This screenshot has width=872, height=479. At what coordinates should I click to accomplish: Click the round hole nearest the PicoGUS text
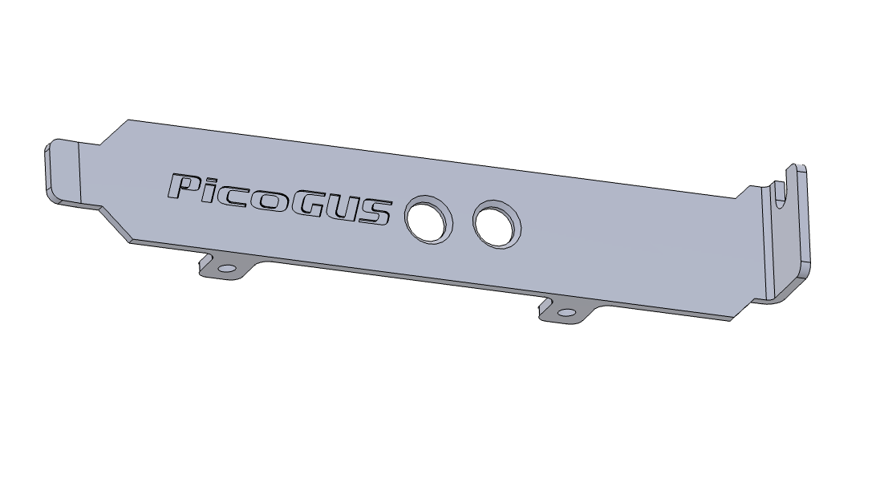coord(428,218)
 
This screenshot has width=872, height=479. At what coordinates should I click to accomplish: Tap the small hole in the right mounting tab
coord(568,312)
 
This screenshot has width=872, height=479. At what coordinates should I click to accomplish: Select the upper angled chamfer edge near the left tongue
coord(114,132)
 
